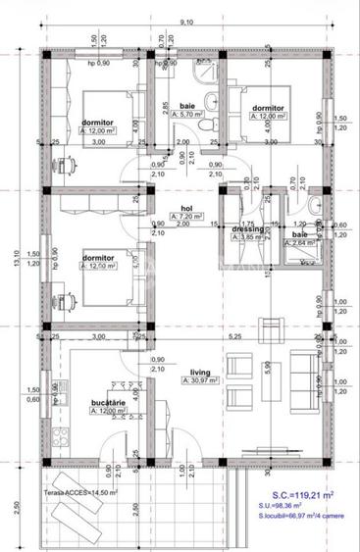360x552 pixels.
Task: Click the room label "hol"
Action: pyautogui.click(x=185, y=208)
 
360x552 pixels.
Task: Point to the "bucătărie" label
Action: pyautogui.click(x=108, y=400)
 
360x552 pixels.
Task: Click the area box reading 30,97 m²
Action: pyautogui.click(x=208, y=383)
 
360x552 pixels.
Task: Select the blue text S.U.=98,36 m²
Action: pyautogui.click(x=286, y=509)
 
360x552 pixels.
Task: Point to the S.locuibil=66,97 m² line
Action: pyautogui.click(x=295, y=522)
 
